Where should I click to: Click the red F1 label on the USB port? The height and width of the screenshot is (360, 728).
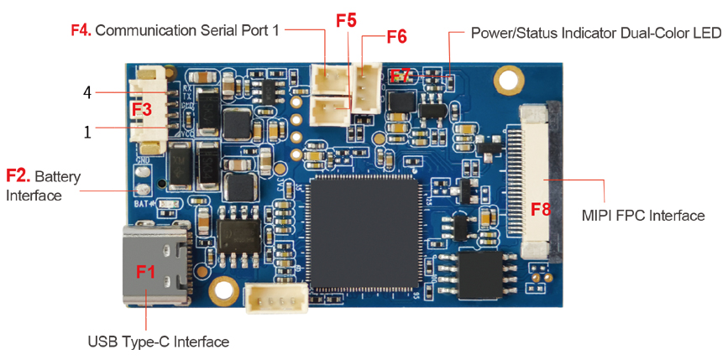coord(146,271)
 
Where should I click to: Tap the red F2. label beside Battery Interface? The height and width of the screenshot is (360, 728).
coord(18,176)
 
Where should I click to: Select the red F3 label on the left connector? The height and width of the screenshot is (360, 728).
coord(142,110)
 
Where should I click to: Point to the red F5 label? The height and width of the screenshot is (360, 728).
coord(346,21)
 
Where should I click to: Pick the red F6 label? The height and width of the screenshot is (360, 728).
coord(396,37)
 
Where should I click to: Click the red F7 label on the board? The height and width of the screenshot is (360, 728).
coord(400,76)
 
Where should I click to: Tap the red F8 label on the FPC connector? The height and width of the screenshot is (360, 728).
coord(541,210)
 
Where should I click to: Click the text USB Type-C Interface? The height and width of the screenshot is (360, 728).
coord(159,342)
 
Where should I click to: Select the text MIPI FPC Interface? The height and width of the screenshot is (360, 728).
coord(643,216)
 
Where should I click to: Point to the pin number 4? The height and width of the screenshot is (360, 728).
coord(86,93)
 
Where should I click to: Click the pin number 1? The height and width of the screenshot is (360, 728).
coord(87,132)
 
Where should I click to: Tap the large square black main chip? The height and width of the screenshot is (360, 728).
coord(364,233)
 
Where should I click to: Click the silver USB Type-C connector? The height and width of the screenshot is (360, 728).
coord(156,264)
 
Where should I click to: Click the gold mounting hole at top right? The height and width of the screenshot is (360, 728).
coord(507,77)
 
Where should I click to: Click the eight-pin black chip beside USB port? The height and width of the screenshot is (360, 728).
coord(240,236)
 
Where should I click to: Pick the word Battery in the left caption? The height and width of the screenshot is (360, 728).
coord(58,177)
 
